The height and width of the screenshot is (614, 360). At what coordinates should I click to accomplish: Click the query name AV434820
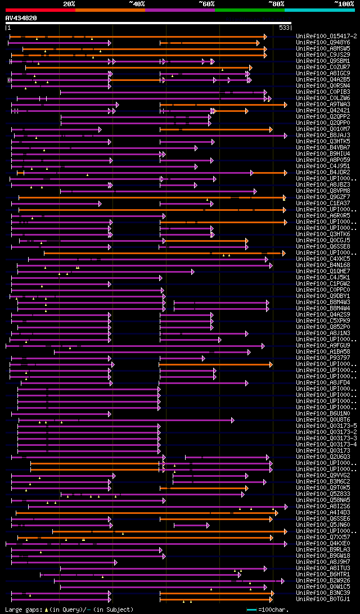point(21,18)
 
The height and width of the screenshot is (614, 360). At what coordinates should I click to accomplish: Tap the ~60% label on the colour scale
point(206,4)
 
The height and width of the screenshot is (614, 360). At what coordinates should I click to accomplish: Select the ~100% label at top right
point(343,4)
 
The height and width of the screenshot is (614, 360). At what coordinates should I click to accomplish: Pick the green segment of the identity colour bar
point(249,10)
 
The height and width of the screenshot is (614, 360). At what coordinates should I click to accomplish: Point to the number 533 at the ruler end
point(284,27)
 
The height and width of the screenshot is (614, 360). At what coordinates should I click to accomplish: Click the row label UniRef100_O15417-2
point(326,36)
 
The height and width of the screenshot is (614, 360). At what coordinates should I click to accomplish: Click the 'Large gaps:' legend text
point(23,610)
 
